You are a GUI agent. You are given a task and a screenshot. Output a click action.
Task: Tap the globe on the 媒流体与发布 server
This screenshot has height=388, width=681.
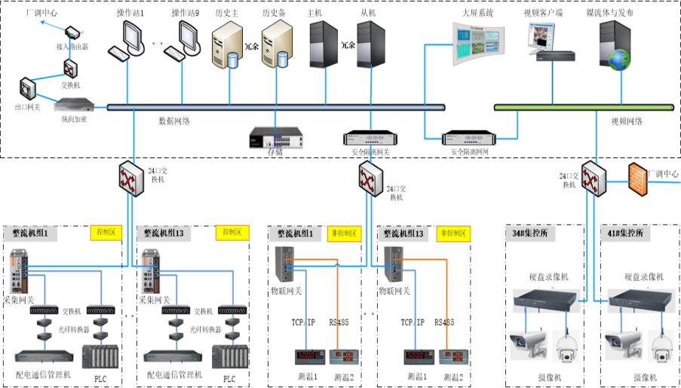point(619,59)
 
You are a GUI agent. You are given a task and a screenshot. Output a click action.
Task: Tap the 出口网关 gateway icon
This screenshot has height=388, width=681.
point(27,89)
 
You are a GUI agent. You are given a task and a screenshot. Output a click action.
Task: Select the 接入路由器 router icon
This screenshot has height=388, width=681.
point(72,34)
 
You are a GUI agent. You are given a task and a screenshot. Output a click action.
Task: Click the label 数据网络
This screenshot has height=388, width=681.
point(174,120)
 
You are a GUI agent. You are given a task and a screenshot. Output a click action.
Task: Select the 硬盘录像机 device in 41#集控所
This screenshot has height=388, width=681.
point(640,299)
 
